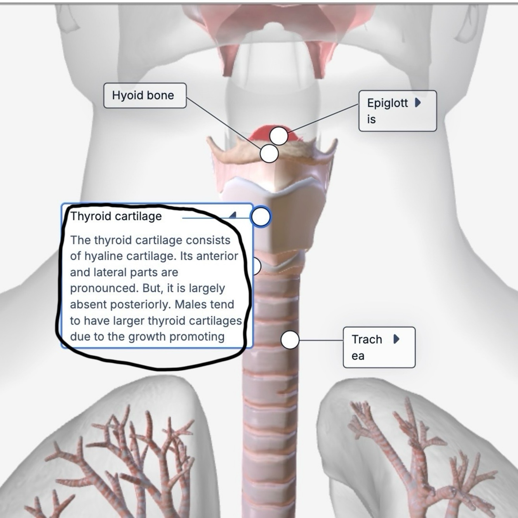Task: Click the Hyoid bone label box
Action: (144, 96)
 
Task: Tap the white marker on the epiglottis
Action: (278, 136)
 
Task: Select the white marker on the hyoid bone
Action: (269, 153)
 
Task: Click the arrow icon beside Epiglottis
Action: (417, 103)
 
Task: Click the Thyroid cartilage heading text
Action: (116, 216)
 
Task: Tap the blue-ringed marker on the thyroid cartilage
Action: (261, 217)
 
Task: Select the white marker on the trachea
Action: (290, 340)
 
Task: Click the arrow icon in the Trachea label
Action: (396, 339)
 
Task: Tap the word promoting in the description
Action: (197, 337)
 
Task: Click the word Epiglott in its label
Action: (387, 103)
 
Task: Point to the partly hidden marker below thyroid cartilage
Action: (256, 266)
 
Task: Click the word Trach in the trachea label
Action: (367, 339)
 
